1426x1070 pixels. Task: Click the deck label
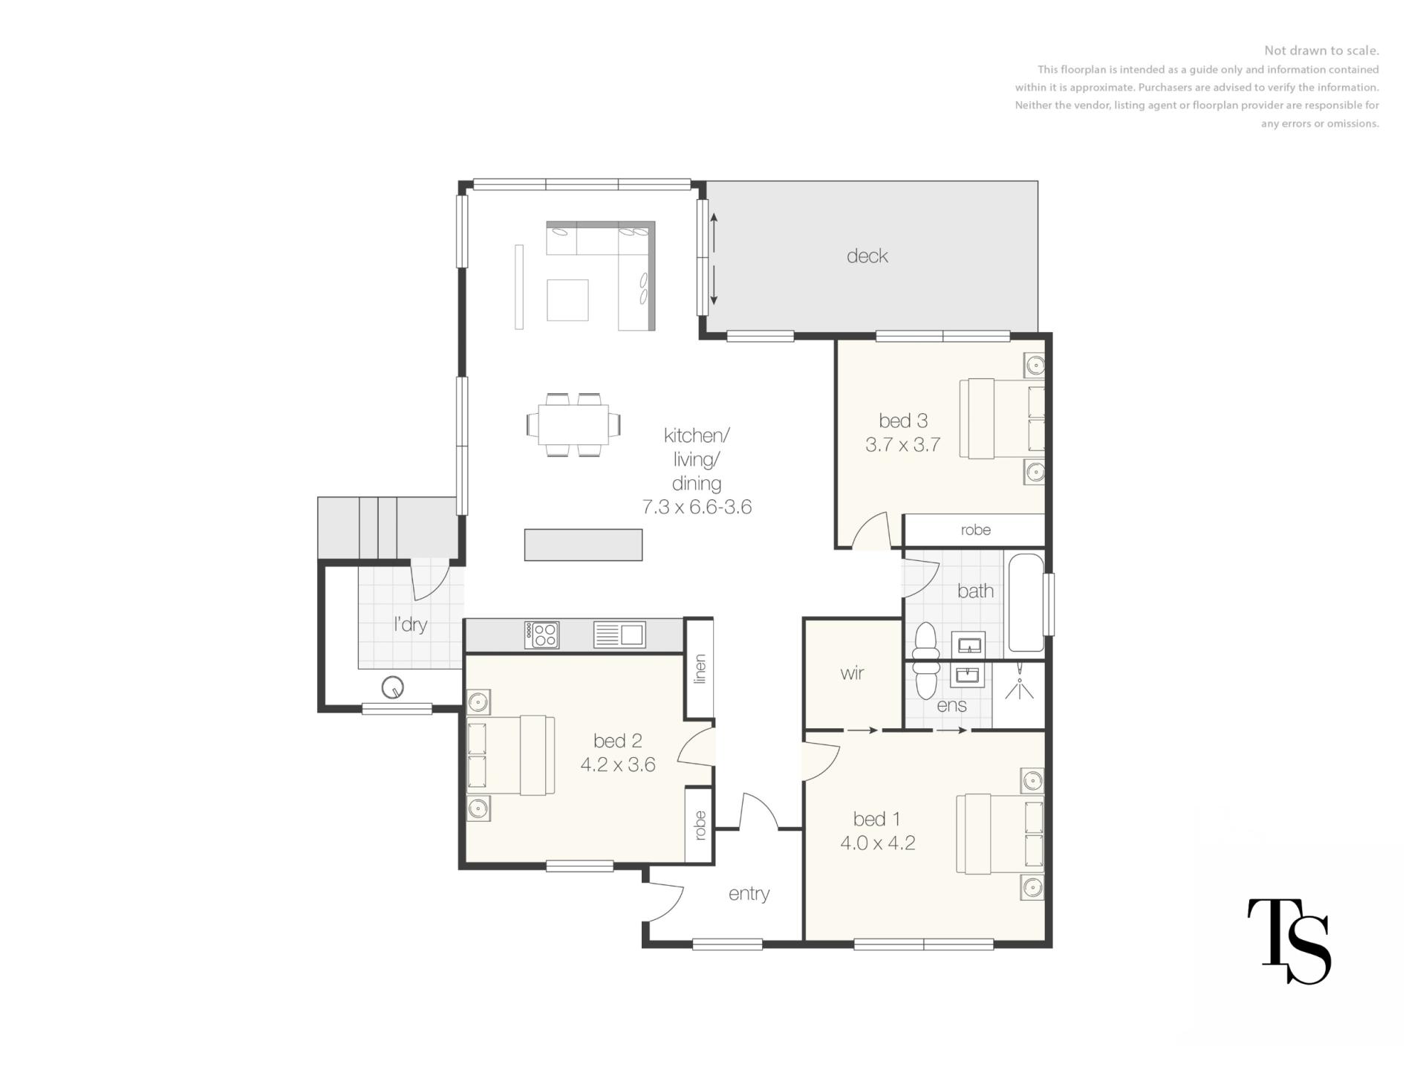coord(867,256)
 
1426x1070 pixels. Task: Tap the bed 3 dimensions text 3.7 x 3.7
coord(903,445)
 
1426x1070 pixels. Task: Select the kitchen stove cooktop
coord(541,635)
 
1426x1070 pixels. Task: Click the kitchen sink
coord(619,635)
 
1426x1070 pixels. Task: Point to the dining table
coord(573,425)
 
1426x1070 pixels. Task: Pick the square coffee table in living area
coord(567,300)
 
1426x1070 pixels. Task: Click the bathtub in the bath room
coord(1025,603)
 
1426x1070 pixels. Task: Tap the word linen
coord(700,669)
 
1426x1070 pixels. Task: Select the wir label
coord(852,673)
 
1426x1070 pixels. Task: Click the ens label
coord(951,706)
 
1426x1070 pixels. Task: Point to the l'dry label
coord(410,624)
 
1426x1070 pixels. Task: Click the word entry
coord(749,894)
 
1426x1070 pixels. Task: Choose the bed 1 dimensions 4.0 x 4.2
coord(878,843)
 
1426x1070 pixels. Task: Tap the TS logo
coord(1289,941)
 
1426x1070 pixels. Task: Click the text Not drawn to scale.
coord(1321,51)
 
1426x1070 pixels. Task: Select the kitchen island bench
coord(583,545)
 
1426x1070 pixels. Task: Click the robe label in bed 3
coord(975,530)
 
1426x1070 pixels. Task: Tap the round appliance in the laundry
coord(392,688)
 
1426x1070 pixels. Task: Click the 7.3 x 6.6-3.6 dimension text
coord(697,508)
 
